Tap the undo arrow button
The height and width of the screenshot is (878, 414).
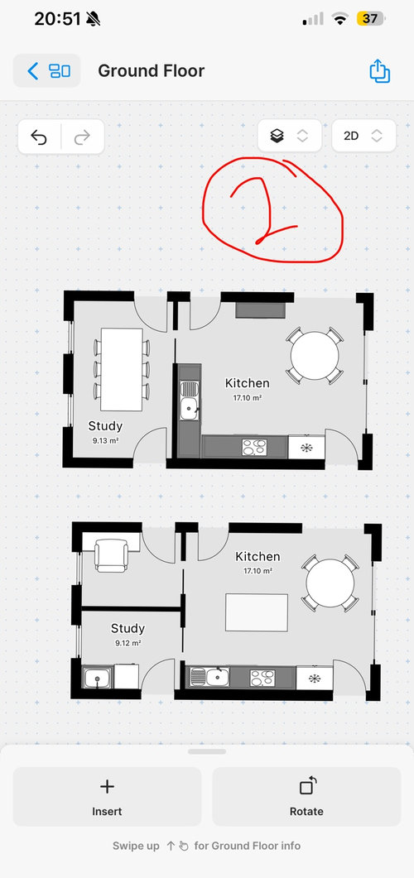39,137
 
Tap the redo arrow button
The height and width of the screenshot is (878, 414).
82,137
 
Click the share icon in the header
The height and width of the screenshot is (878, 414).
379,71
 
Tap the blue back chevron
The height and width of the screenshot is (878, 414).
33,71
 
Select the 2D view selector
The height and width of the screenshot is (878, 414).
363,136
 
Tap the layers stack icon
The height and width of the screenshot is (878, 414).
277,136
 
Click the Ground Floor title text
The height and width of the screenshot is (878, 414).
152,71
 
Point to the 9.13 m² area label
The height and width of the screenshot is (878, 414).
105,441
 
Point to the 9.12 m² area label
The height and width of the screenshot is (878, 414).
128,643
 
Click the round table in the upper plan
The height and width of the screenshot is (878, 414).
315,356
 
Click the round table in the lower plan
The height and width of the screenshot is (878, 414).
330,583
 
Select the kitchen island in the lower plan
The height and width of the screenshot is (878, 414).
257,612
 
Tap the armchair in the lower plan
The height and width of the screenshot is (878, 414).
112,555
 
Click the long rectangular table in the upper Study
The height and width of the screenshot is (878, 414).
122,370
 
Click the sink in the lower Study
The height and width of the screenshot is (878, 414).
98,678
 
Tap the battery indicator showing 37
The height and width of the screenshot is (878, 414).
370,19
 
